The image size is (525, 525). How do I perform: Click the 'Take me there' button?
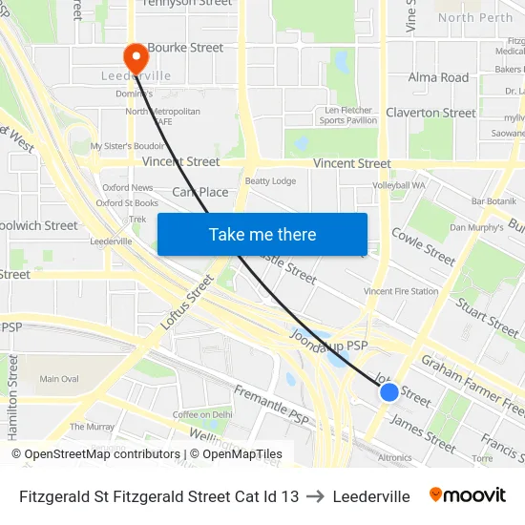point(262,235)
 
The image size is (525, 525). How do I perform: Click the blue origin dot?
point(388,392)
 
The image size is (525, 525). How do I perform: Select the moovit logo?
point(468,495)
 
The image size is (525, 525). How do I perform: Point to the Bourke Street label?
point(185,48)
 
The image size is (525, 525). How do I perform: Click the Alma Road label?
point(438,77)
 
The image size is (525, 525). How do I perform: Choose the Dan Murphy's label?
point(476,227)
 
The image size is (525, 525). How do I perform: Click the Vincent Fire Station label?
point(401,291)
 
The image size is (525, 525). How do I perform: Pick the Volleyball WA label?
point(398,185)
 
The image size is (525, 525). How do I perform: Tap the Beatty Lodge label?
point(270,181)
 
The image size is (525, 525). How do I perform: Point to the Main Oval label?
point(59,379)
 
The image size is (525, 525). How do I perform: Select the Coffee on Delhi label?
point(202,414)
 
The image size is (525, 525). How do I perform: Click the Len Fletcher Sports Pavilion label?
point(346,115)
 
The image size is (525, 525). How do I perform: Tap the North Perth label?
point(474,17)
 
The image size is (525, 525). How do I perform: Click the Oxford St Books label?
point(127,202)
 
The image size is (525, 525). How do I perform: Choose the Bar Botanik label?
point(493,200)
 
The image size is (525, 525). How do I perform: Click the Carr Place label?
point(200,192)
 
